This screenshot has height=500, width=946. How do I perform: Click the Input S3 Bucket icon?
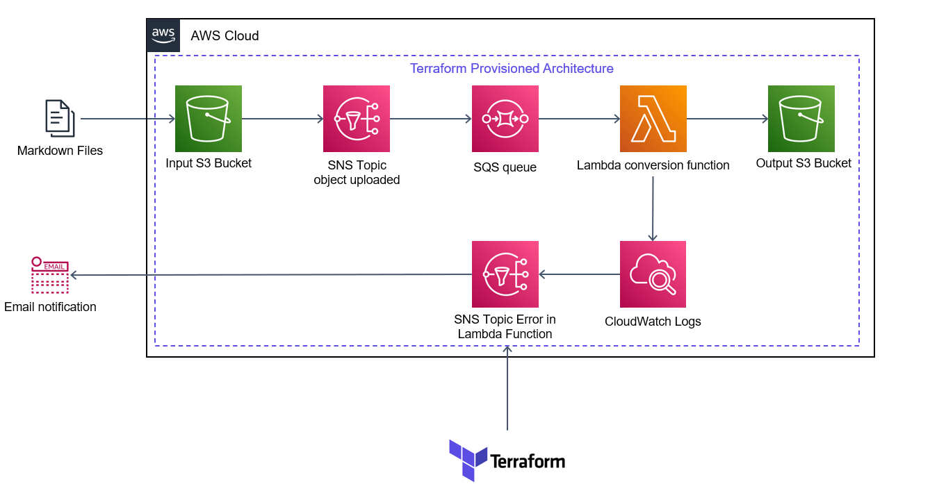coord(209,119)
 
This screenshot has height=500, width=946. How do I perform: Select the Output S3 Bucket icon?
coord(801,119)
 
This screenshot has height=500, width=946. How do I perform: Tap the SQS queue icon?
coord(505,119)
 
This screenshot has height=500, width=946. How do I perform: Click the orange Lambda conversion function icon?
coord(653,119)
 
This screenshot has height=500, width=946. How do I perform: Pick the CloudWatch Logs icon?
coord(653,274)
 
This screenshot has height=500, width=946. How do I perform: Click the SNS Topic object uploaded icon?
coord(357,119)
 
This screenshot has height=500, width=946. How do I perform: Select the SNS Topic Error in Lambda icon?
coord(505,274)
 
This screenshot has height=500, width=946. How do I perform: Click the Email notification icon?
coord(49,275)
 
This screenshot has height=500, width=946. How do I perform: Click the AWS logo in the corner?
coord(163,35)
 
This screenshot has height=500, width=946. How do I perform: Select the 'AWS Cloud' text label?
coord(225,36)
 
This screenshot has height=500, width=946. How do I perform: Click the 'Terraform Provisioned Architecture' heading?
coord(512,69)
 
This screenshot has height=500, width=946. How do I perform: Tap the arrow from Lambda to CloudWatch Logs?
coord(653,208)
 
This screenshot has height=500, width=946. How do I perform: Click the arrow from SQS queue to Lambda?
coord(579,119)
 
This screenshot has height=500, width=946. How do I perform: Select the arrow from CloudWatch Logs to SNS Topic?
coord(579,274)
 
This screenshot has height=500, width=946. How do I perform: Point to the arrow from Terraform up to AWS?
coord(507,389)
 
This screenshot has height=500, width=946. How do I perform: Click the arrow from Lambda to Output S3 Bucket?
coord(727,119)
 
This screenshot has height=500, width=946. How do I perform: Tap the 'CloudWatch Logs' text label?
coord(653,322)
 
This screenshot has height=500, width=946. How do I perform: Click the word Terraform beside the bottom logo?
coord(528,461)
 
